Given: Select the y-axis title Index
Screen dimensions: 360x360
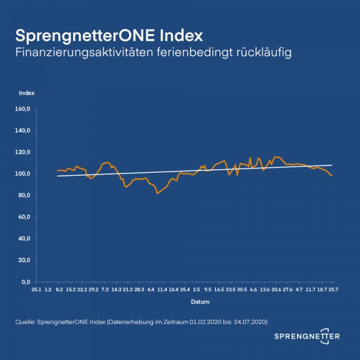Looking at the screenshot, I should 27,93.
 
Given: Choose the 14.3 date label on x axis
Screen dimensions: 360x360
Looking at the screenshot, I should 116,289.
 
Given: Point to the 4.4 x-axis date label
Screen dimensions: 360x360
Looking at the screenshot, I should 151,289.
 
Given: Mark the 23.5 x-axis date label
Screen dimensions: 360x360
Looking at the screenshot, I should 230,289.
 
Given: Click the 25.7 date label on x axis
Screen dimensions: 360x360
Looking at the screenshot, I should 334,289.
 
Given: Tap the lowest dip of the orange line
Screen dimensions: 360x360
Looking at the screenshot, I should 157,193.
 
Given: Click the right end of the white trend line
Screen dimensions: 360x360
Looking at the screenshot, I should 332,165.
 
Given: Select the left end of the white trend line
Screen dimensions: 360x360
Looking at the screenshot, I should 57,176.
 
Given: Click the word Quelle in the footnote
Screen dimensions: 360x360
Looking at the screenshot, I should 25,323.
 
